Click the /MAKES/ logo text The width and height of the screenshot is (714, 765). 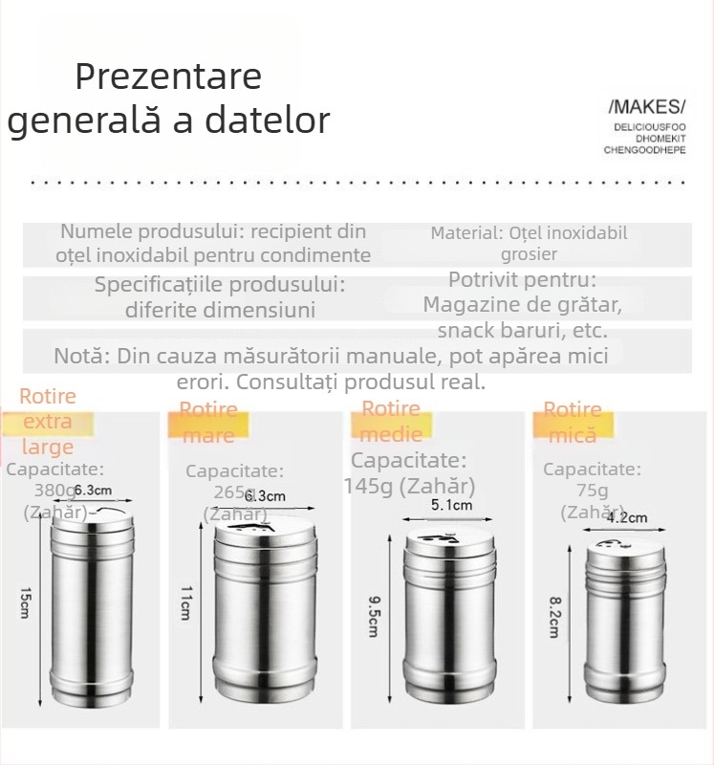647,105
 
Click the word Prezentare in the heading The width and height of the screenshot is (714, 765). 168,76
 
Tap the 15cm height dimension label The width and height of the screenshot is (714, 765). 26,604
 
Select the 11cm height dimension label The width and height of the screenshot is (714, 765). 186,606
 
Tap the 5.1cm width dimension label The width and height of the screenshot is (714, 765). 451,505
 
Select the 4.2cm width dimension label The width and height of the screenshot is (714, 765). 627,517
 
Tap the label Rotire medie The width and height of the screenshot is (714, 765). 391,422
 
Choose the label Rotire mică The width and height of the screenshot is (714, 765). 573,423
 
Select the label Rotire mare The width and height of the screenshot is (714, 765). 209,423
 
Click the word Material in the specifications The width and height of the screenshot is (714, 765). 465,232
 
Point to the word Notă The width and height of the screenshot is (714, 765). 81,357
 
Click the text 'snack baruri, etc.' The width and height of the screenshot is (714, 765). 522,330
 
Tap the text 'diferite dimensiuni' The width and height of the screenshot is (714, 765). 220,309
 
